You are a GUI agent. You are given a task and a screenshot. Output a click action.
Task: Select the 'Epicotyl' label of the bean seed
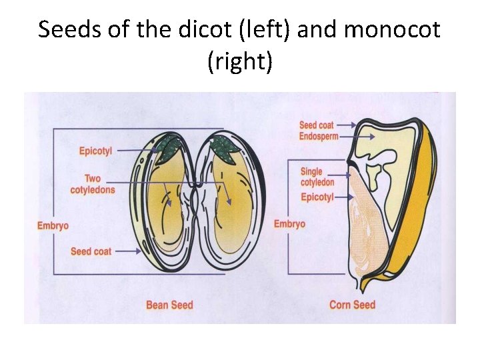[96, 151]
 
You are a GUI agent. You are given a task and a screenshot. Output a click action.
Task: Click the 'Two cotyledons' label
[93, 184]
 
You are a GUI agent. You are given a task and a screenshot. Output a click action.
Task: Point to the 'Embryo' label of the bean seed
[53, 226]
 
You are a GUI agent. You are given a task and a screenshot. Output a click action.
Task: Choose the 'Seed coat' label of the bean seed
[91, 251]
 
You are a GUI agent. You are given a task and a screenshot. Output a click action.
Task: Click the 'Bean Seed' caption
[169, 305]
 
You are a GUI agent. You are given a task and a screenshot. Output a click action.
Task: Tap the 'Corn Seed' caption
[352, 305]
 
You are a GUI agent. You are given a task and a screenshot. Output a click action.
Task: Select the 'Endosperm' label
[319, 136]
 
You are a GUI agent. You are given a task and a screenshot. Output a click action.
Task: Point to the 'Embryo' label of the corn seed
[289, 224]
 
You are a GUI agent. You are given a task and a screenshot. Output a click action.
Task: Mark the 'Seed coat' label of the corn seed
[317, 125]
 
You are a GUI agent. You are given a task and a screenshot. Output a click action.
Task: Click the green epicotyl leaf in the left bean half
[169, 147]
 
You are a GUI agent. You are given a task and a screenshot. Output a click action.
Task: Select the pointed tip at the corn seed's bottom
[361, 287]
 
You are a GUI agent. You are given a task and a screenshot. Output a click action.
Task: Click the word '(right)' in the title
[240, 63]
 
